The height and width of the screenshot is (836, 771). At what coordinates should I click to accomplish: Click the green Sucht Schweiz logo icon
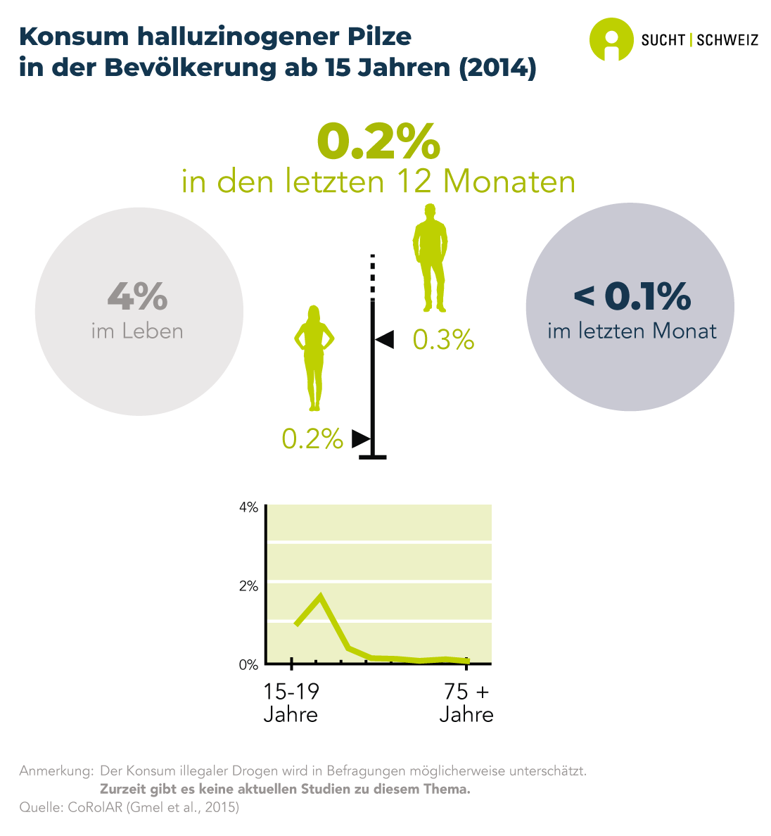pyautogui.click(x=611, y=39)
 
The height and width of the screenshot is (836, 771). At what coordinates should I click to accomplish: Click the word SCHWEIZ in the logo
pyautogui.click(x=727, y=40)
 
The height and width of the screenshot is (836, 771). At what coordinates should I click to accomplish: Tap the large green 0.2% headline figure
pyautogui.click(x=378, y=143)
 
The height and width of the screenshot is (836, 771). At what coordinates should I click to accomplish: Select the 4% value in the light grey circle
pyautogui.click(x=138, y=296)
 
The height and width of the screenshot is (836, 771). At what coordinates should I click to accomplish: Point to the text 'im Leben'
pyautogui.click(x=137, y=331)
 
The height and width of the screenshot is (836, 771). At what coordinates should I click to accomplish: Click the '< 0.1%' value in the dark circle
pyautogui.click(x=632, y=296)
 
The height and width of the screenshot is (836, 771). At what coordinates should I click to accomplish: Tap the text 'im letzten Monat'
pyautogui.click(x=632, y=331)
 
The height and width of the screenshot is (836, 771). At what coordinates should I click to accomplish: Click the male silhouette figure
pyautogui.click(x=430, y=258)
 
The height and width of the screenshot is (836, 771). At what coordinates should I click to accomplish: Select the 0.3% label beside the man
pyautogui.click(x=443, y=341)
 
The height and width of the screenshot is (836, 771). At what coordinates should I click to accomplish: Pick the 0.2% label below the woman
pyautogui.click(x=312, y=439)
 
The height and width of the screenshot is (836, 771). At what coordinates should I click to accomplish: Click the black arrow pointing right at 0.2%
pyautogui.click(x=360, y=438)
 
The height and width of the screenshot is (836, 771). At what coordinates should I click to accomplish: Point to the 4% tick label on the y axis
pyautogui.click(x=249, y=508)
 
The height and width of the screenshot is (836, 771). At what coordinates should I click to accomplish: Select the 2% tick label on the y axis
pyautogui.click(x=249, y=586)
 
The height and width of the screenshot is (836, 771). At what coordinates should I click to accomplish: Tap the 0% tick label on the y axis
pyautogui.click(x=249, y=665)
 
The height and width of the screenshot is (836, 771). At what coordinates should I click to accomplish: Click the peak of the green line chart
pyautogui.click(x=321, y=597)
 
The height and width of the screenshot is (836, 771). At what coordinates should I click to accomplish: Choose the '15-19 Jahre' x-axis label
pyautogui.click(x=291, y=703)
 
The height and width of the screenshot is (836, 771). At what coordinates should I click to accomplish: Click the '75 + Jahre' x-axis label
pyautogui.click(x=466, y=703)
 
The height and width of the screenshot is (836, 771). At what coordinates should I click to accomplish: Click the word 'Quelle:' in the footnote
pyautogui.click(x=42, y=807)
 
